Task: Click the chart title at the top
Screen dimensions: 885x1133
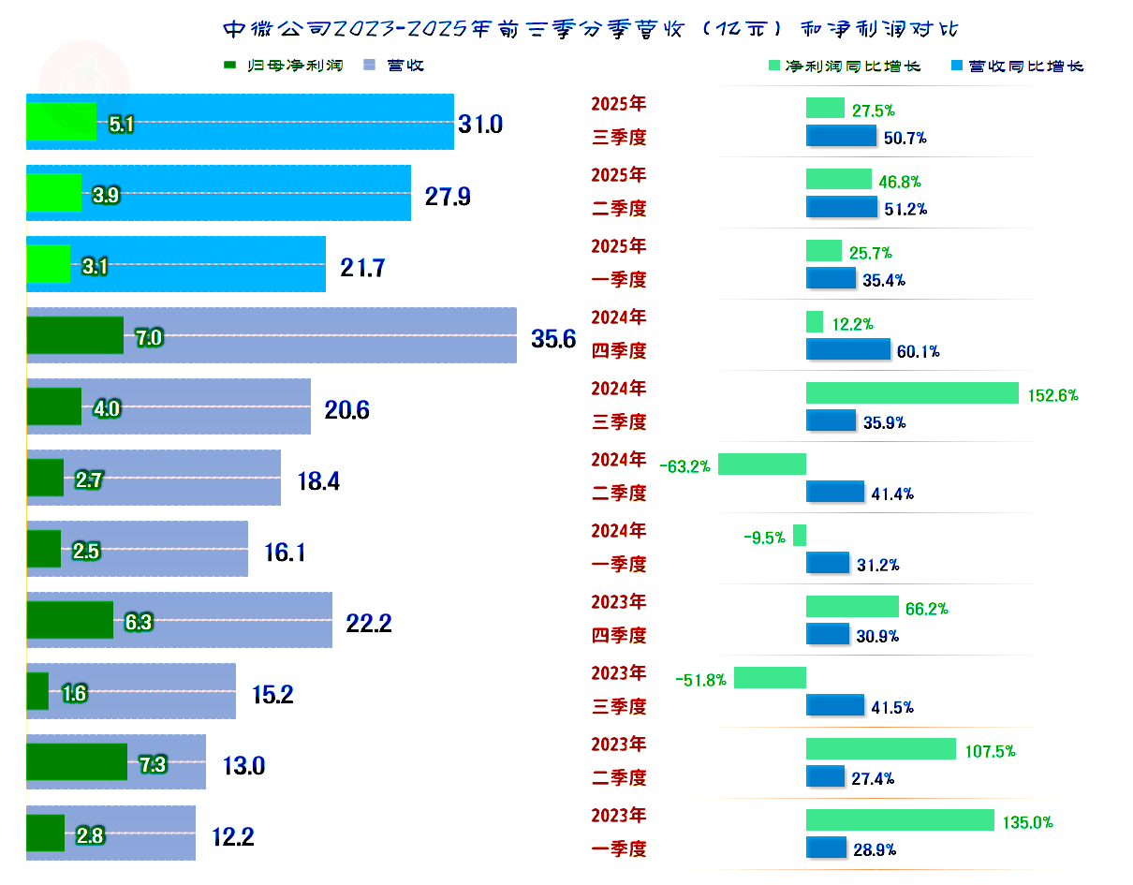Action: coord(591,29)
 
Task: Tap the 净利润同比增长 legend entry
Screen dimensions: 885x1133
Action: coord(844,66)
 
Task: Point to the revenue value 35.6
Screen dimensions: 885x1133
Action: coord(553,339)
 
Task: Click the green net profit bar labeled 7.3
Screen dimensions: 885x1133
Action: coord(77,761)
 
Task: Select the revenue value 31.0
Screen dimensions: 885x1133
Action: coord(480,124)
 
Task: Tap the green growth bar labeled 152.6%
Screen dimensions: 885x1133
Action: coord(912,393)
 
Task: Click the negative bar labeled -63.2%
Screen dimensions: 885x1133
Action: coord(762,465)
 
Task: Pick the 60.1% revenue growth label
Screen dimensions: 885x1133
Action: coord(919,352)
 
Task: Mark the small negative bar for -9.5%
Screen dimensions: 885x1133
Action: coord(800,536)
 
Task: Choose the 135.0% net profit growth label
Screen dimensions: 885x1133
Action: coord(1028,823)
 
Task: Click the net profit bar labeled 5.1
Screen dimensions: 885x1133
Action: coord(61,121)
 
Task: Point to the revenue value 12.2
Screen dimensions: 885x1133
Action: coord(233,836)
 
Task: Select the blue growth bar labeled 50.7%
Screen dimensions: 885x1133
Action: coord(841,136)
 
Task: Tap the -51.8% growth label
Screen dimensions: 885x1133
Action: coord(701,680)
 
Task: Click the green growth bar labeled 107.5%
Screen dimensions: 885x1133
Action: coord(881,749)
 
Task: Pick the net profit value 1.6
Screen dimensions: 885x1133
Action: coord(75,694)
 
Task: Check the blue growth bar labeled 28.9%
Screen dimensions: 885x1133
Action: coord(826,848)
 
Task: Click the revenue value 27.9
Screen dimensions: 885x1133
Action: coord(448,197)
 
